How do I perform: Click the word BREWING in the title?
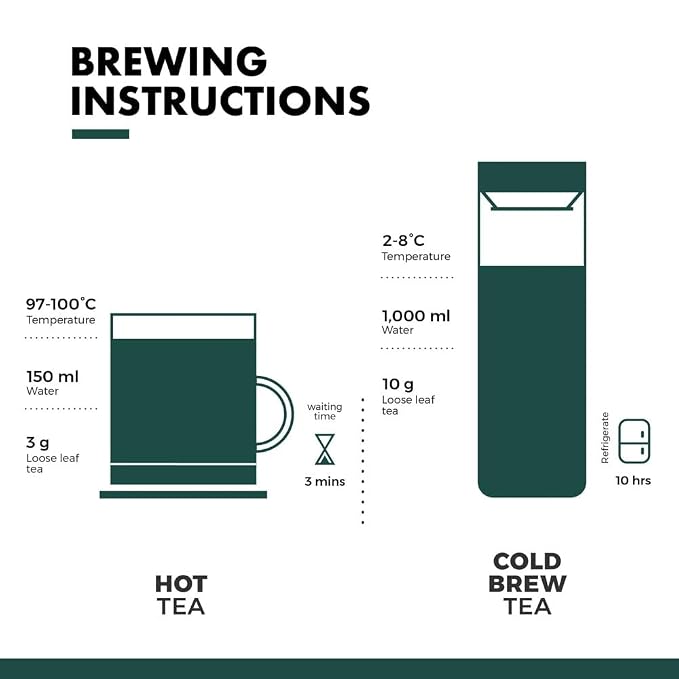(x=169, y=61)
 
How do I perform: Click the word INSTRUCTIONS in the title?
(x=220, y=100)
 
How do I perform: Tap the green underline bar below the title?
(x=100, y=134)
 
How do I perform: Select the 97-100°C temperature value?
(x=61, y=304)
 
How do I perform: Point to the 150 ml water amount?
(x=52, y=377)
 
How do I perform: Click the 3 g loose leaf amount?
(x=38, y=443)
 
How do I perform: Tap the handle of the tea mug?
(x=285, y=414)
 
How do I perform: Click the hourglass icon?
(x=325, y=449)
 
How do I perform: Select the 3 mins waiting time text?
(x=325, y=482)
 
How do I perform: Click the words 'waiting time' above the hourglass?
(x=325, y=411)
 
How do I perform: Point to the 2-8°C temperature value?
(x=403, y=240)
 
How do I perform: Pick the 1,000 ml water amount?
(x=416, y=316)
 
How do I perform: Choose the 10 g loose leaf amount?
(x=398, y=384)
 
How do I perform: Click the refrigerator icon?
(x=634, y=441)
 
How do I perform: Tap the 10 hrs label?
(x=633, y=480)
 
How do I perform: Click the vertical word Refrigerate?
(x=605, y=438)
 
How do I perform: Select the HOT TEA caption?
(x=181, y=595)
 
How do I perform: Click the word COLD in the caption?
(x=527, y=562)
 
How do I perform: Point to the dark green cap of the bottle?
(x=532, y=177)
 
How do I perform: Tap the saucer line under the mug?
(x=183, y=495)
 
